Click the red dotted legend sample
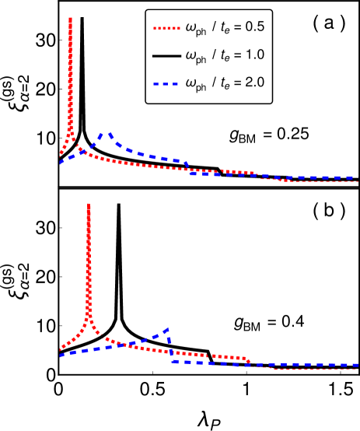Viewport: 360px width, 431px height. click(166, 29)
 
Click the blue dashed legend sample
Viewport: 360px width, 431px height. click(166, 83)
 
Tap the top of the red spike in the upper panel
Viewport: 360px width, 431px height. click(70, 18)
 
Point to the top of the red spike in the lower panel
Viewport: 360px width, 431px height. click(89, 205)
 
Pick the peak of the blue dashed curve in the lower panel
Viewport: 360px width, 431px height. click(167, 329)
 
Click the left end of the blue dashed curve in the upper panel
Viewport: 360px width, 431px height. click(61, 161)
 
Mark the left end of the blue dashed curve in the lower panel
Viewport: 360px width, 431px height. click(61, 355)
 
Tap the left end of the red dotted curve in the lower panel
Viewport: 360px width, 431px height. click(61, 349)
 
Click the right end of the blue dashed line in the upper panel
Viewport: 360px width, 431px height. click(358, 177)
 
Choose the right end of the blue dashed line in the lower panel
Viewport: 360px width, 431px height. click(358, 365)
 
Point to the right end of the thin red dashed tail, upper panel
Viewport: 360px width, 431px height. click(358, 181)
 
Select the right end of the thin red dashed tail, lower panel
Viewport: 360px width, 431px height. click(358, 369)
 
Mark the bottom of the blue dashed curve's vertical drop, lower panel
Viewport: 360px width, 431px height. click(172, 361)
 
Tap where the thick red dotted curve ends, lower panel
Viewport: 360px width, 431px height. click(249, 361)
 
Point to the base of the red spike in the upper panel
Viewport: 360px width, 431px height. click(71, 134)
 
